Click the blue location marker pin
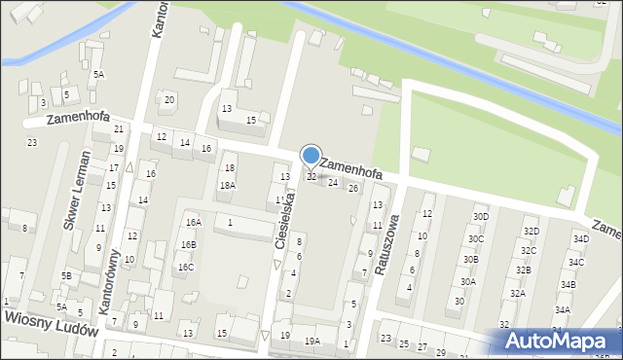tap(311, 156)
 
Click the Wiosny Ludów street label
tap(51, 323)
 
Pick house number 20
tap(169, 100)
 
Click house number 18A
tap(227, 185)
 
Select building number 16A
tap(194, 222)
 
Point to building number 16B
tap(187, 244)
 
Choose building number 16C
tap(185, 267)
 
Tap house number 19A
tap(311, 341)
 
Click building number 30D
tap(480, 216)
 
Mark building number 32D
tap(531, 232)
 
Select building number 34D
tap(581, 239)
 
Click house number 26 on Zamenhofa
tap(353, 188)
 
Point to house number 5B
tap(66, 275)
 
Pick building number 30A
tap(468, 282)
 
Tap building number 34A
tap(563, 310)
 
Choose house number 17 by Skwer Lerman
tap(113, 168)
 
